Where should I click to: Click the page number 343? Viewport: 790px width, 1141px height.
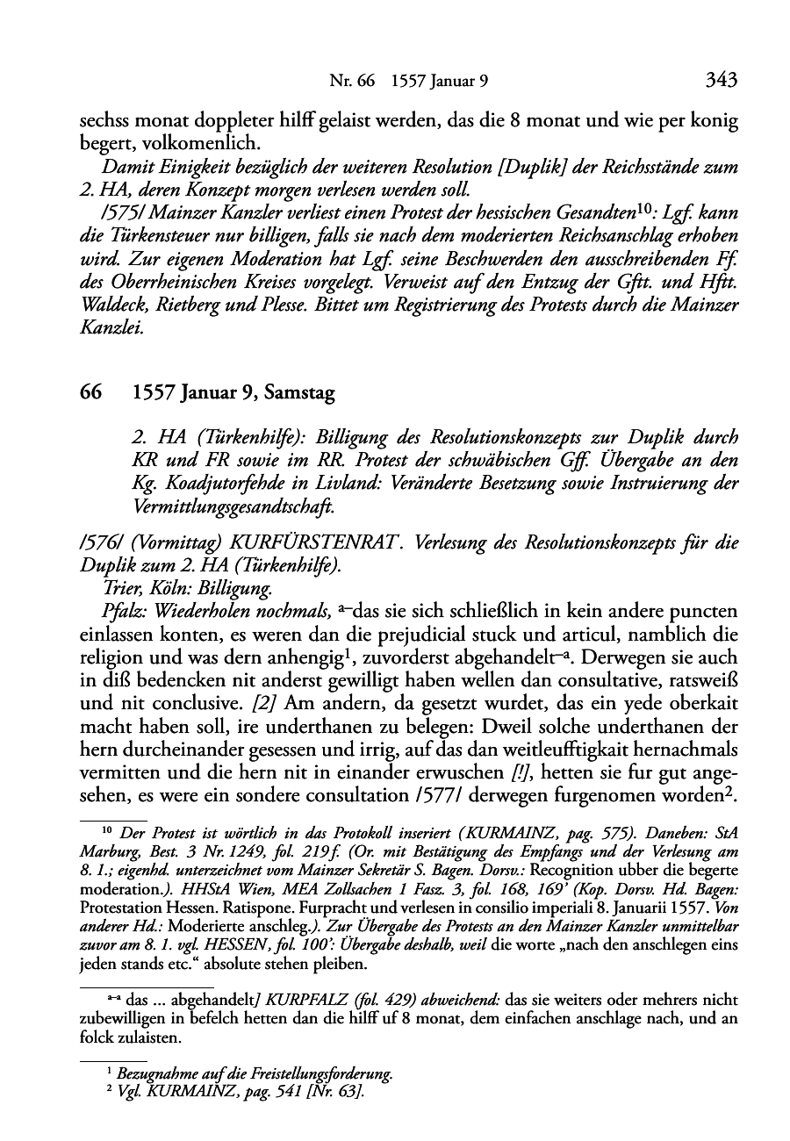pyautogui.click(x=721, y=81)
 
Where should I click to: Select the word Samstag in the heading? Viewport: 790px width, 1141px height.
pyautogui.click(x=297, y=394)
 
